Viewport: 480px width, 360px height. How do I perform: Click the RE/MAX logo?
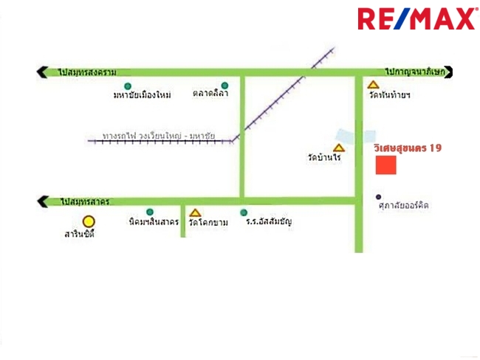coord(417,18)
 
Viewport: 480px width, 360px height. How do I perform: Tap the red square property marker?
coord(385,165)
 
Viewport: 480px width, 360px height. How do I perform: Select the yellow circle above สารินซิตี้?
coord(89,221)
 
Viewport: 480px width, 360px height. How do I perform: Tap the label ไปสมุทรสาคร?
coord(86,201)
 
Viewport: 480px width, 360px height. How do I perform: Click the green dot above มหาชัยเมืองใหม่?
coord(128,86)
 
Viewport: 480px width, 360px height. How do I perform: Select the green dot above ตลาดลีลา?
coord(224,86)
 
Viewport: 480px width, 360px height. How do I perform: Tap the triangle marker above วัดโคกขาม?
coord(195,213)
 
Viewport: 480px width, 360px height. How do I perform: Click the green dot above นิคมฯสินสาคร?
coord(150,212)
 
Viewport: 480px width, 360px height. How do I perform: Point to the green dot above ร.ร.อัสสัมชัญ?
coord(244,212)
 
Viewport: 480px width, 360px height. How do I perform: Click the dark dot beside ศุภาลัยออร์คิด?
coord(378,197)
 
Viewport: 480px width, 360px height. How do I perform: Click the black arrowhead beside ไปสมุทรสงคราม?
coord(41,72)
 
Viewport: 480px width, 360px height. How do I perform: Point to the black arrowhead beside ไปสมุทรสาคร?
coord(41,201)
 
